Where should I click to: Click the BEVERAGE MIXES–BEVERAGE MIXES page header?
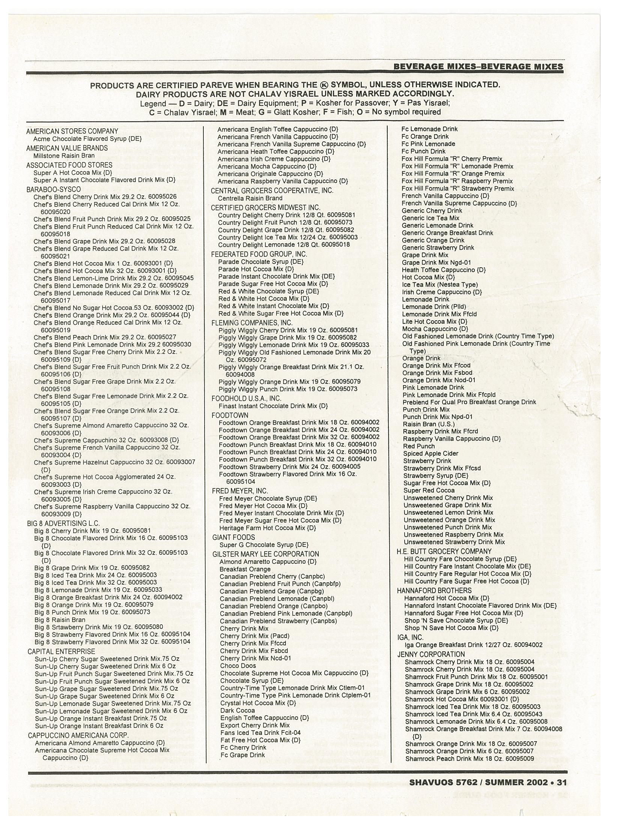tap(478, 67)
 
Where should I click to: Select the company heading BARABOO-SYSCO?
tap(53, 189)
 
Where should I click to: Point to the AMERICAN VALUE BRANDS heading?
tap(67, 148)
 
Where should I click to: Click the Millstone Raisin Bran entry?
tap(64, 156)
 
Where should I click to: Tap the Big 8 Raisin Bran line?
tap(60, 619)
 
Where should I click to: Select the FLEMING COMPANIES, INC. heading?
tap(252, 322)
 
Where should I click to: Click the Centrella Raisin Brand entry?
tap(250, 198)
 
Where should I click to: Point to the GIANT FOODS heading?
tap(233, 537)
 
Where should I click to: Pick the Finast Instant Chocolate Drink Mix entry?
tap(273, 406)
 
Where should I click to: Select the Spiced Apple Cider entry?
tap(430, 453)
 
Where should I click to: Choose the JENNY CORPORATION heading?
tap(431, 654)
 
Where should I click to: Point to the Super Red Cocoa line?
tap(429, 490)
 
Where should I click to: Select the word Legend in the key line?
tap(153, 103)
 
